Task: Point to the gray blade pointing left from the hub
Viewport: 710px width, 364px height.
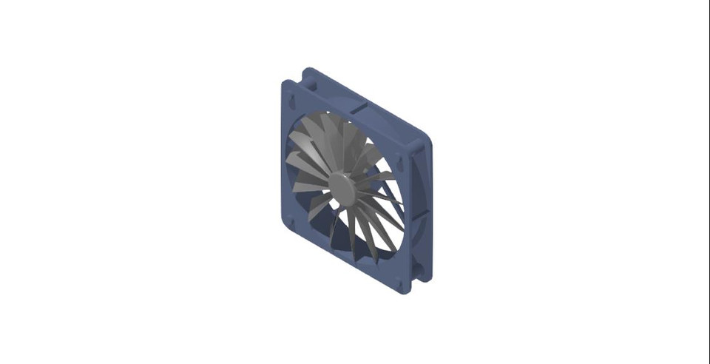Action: coord(309,185)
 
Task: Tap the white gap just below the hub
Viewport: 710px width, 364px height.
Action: coord(339,203)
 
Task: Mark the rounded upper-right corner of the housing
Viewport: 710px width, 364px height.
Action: coord(422,137)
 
